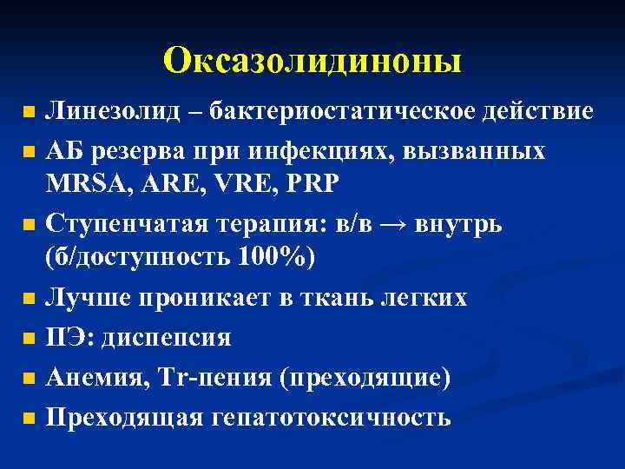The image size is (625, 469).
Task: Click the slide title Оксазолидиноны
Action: click(x=312, y=61)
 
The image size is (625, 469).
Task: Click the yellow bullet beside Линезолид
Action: click(x=30, y=114)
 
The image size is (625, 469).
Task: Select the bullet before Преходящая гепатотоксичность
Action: click(x=30, y=418)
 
